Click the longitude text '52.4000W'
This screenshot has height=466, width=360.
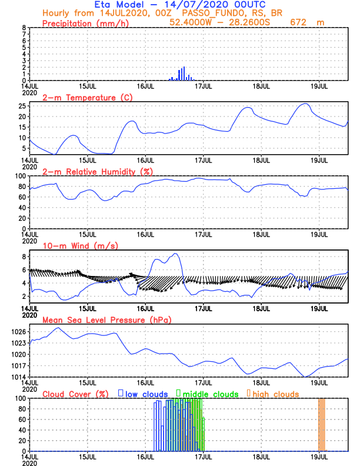(191, 22)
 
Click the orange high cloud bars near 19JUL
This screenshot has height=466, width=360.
(321, 424)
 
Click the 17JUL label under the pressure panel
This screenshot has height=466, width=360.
(204, 382)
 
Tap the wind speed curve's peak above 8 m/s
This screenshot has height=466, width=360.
(175, 254)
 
